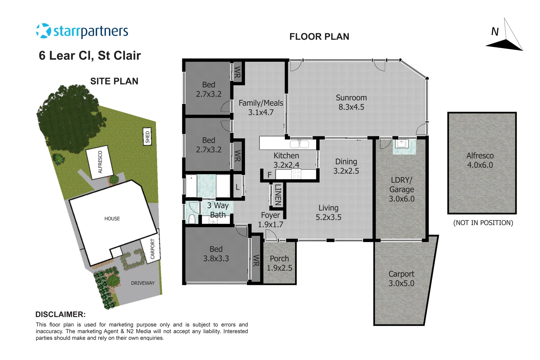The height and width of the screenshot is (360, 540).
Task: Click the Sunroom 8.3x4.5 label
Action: (351, 102)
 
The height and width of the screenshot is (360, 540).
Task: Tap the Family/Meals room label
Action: (261, 107)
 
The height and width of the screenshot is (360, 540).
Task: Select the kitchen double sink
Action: (299, 144)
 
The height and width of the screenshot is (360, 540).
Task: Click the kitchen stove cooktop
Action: (296, 174)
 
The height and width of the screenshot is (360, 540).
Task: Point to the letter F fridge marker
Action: (269, 175)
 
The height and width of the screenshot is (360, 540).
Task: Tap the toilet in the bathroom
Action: (192, 219)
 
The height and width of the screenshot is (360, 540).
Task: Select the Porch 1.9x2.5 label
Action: (279, 263)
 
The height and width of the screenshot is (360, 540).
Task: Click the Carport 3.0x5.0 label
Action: (401, 278)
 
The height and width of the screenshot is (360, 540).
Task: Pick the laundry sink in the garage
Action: (402, 144)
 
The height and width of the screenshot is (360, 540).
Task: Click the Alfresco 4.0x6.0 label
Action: (480, 160)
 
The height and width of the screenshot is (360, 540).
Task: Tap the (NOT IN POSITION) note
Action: (483, 223)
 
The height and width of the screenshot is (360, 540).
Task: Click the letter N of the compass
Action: (495, 32)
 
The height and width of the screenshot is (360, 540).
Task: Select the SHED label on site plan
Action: (147, 136)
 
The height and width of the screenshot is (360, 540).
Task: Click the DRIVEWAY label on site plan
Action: (143, 283)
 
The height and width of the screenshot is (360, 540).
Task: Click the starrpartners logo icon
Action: (43, 31)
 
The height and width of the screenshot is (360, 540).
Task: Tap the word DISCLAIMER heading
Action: (60, 314)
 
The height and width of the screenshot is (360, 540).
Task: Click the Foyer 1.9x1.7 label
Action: (270, 220)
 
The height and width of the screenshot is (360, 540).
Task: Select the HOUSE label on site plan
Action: (112, 219)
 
